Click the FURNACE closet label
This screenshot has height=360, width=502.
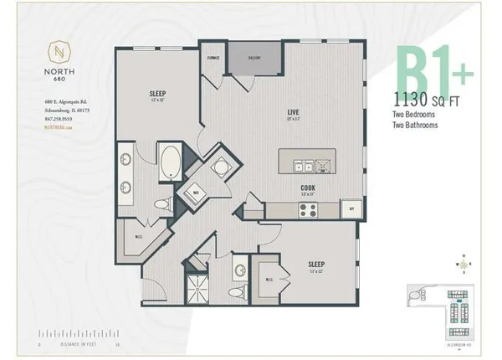point(213,59)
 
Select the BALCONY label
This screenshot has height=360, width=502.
point(255,59)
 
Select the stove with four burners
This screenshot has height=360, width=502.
point(307,209)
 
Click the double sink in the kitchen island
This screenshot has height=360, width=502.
point(300,162)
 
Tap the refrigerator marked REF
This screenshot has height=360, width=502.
point(352,208)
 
